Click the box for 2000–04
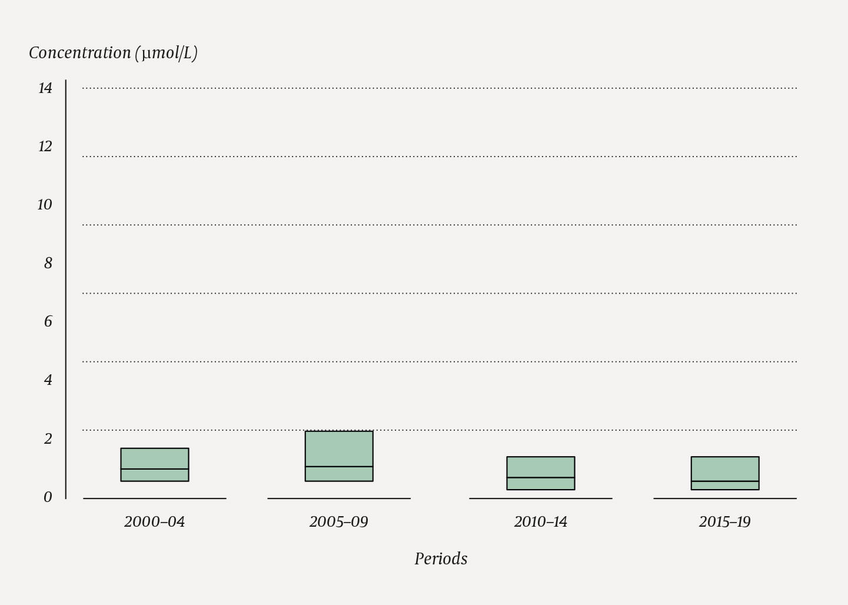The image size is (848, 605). click(155, 464)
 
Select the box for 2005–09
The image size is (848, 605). click(339, 456)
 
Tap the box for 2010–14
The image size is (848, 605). click(541, 473)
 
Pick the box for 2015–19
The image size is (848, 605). click(725, 473)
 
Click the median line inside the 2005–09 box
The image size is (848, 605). click(339, 467)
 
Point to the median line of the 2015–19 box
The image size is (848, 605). click(725, 481)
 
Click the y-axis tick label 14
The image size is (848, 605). click(45, 88)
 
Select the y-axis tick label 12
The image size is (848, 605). click(45, 147)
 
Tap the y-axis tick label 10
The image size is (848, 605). click(45, 205)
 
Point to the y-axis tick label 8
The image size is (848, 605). click(48, 264)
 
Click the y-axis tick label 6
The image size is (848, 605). click(48, 322)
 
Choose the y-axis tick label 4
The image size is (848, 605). click(48, 380)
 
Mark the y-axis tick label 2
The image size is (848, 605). click(48, 439)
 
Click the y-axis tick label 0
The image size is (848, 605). click(48, 497)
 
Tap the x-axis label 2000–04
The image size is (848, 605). click(155, 522)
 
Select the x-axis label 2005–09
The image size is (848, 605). click(339, 522)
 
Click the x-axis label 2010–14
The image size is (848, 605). click(541, 522)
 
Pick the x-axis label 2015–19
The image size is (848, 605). click(725, 522)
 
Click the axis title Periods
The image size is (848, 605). click(441, 559)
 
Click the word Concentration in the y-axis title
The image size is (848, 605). click(80, 53)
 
